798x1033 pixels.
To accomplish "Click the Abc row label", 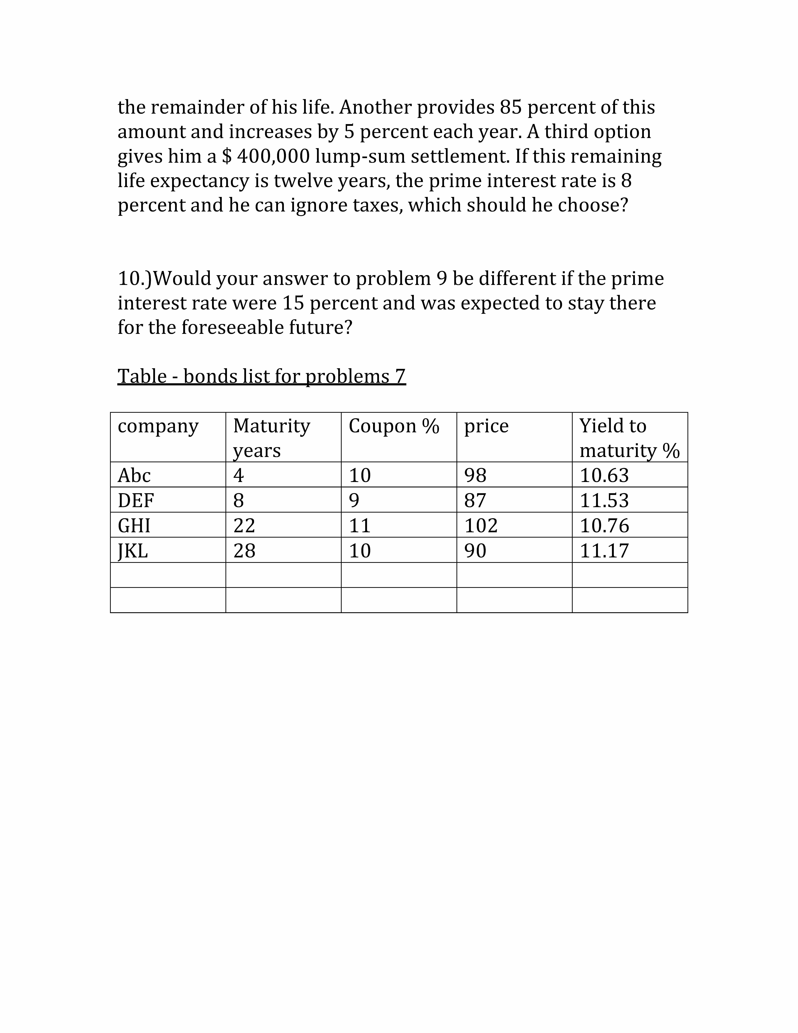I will pos(134,475).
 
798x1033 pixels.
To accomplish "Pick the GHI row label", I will pos(134,525).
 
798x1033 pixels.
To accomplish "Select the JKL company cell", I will pos(133,551).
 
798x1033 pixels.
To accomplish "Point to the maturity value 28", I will pos(244,551).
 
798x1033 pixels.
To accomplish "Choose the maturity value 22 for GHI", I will pos(244,525).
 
